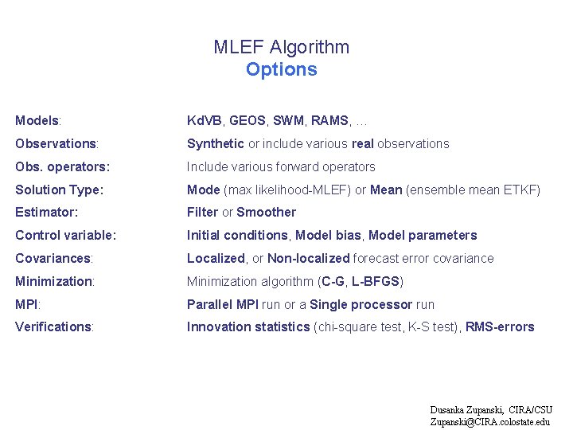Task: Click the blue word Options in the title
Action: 281,69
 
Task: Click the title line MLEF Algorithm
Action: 281,47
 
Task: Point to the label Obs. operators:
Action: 62,167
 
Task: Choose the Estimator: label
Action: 47,213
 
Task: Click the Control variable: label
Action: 66,236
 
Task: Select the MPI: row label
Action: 28,304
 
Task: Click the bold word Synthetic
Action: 216,144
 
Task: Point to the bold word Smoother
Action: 266,213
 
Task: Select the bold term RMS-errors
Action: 500,327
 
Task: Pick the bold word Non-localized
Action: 309,259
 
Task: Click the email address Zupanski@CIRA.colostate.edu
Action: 489,422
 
